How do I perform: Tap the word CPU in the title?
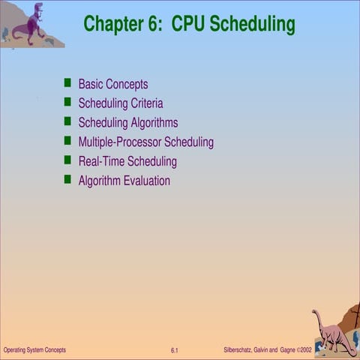tap(188, 24)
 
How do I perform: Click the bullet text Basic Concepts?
tap(113, 84)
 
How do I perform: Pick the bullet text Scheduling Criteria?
tap(121, 103)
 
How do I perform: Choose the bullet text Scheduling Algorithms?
tap(128, 122)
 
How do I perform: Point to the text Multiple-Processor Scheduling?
tap(146, 142)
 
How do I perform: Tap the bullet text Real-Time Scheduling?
tap(127, 161)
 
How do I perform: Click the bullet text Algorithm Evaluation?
tap(124, 181)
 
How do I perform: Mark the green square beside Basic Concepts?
tap(67, 82)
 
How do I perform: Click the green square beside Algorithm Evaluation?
tap(67, 179)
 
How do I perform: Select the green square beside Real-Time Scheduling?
tap(67, 160)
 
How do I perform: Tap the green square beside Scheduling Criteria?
tap(67, 102)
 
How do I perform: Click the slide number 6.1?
tap(174, 351)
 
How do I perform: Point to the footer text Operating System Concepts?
tap(34, 350)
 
